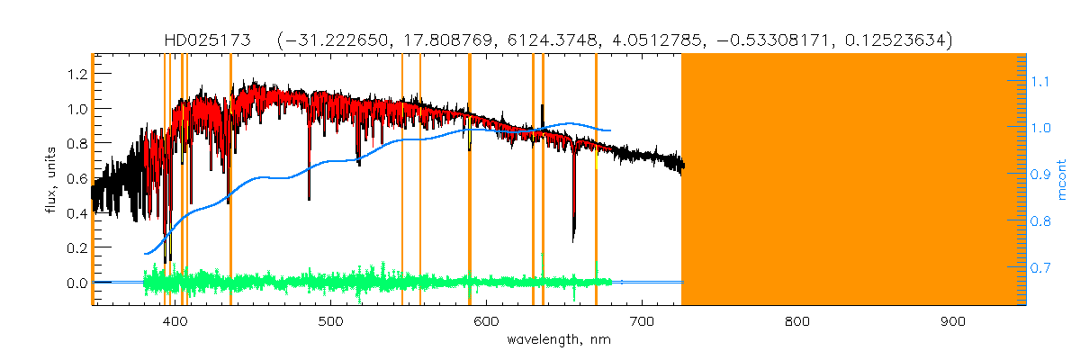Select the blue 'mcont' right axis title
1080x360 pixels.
point(1062,180)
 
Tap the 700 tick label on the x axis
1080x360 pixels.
point(642,321)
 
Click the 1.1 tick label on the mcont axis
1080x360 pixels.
point(1040,82)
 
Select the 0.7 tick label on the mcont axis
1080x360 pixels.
point(1040,268)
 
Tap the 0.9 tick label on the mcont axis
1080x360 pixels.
point(1040,175)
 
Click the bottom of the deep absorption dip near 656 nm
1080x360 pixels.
point(574,239)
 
